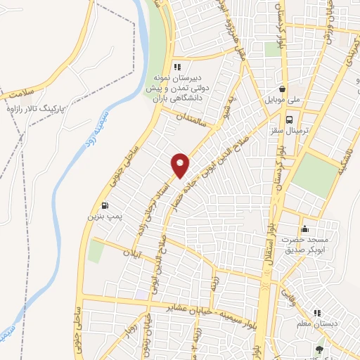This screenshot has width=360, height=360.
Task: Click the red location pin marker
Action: [x=181, y=165]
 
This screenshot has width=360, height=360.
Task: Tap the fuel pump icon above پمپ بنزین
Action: [x=105, y=206]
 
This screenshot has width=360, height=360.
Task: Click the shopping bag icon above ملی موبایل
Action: [x=283, y=90]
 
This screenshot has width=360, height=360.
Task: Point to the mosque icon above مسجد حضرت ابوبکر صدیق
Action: [x=304, y=229]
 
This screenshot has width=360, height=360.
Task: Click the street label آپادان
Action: [x=134, y=250]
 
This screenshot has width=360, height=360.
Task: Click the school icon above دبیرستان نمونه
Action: [x=188, y=67]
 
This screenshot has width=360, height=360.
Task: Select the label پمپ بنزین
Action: [x=100, y=218]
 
